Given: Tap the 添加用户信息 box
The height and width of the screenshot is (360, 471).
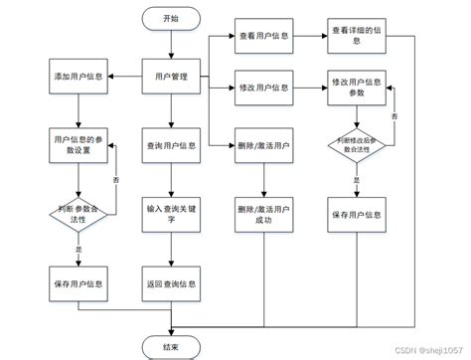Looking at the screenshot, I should pos(78,77).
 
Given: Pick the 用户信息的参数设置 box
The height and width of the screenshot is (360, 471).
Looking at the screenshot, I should pos(78,145).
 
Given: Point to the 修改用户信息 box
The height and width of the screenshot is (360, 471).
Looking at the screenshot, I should pos(264,89).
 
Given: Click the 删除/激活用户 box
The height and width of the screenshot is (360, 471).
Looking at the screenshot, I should pos(264,145).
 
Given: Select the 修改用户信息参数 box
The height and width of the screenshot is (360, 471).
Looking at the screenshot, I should pos(357,89).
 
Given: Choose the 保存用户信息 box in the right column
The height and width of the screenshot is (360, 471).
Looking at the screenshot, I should pos(357,214).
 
